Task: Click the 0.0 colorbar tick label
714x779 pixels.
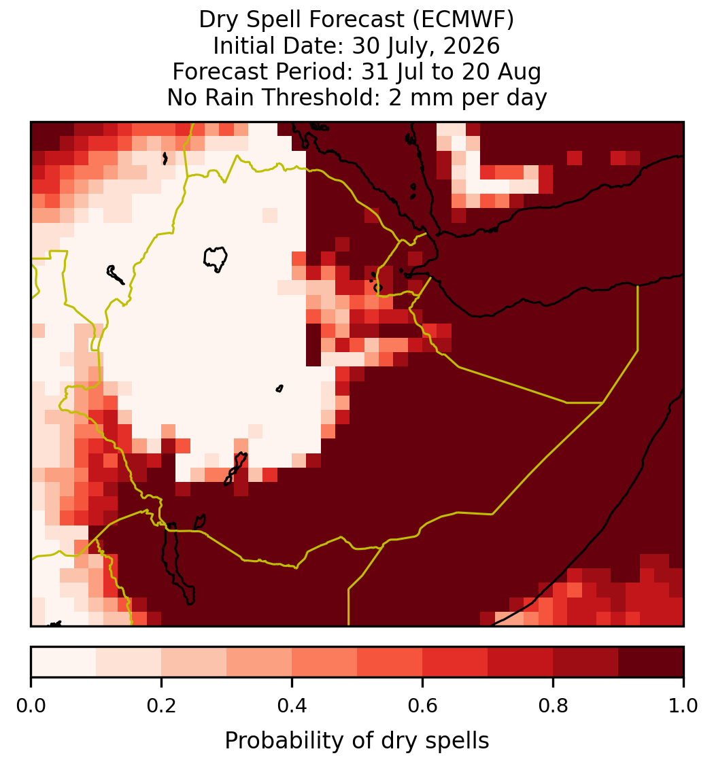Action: point(31,706)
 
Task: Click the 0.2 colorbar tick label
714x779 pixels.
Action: point(161,706)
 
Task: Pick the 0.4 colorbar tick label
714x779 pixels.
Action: point(292,706)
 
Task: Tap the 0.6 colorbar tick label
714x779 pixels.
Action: point(423,706)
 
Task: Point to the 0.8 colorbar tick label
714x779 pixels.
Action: point(554,706)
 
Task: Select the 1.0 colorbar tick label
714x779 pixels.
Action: point(683,706)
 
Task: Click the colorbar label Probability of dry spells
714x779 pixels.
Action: point(357,741)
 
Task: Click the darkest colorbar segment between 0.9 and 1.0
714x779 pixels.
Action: point(651,662)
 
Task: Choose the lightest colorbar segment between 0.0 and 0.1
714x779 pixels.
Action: point(64,662)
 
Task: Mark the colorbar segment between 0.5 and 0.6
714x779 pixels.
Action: point(390,662)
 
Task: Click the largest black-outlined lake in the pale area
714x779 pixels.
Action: point(215,259)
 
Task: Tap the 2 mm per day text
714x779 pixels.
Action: point(468,98)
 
